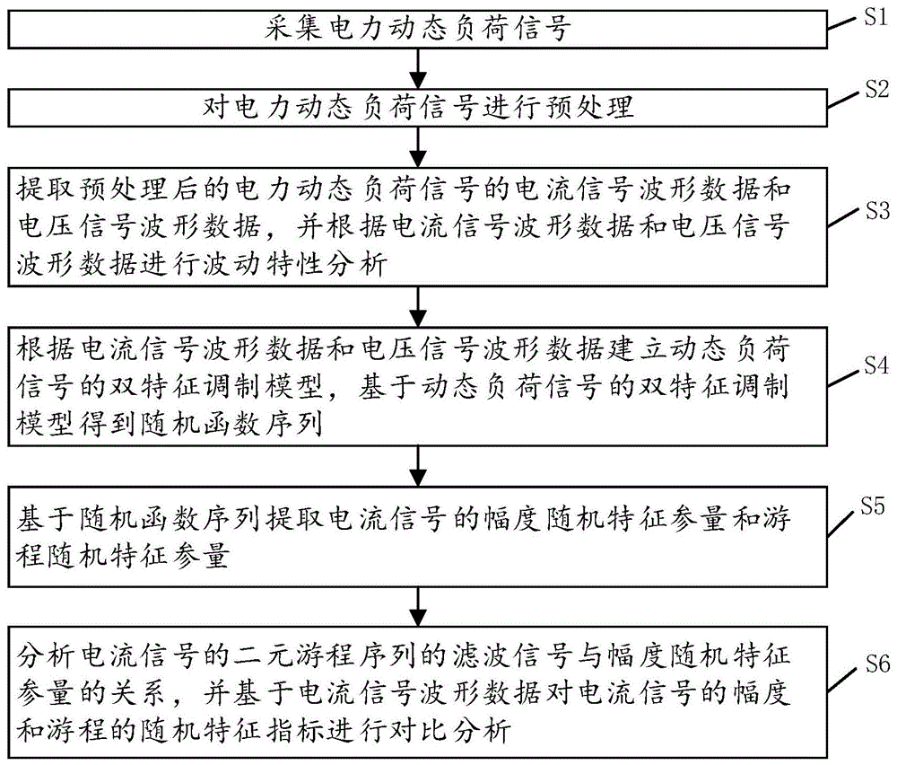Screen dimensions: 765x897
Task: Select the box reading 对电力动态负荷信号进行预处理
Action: [x=417, y=109]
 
